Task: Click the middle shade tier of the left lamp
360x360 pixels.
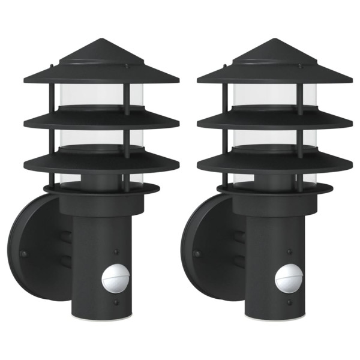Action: (101, 120)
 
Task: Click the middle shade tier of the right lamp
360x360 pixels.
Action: (274, 120)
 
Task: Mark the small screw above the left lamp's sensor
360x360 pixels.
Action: (116, 253)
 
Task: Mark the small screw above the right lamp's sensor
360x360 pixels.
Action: (290, 253)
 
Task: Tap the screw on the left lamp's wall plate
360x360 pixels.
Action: (24, 254)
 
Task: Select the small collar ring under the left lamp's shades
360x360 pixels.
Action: (101, 188)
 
